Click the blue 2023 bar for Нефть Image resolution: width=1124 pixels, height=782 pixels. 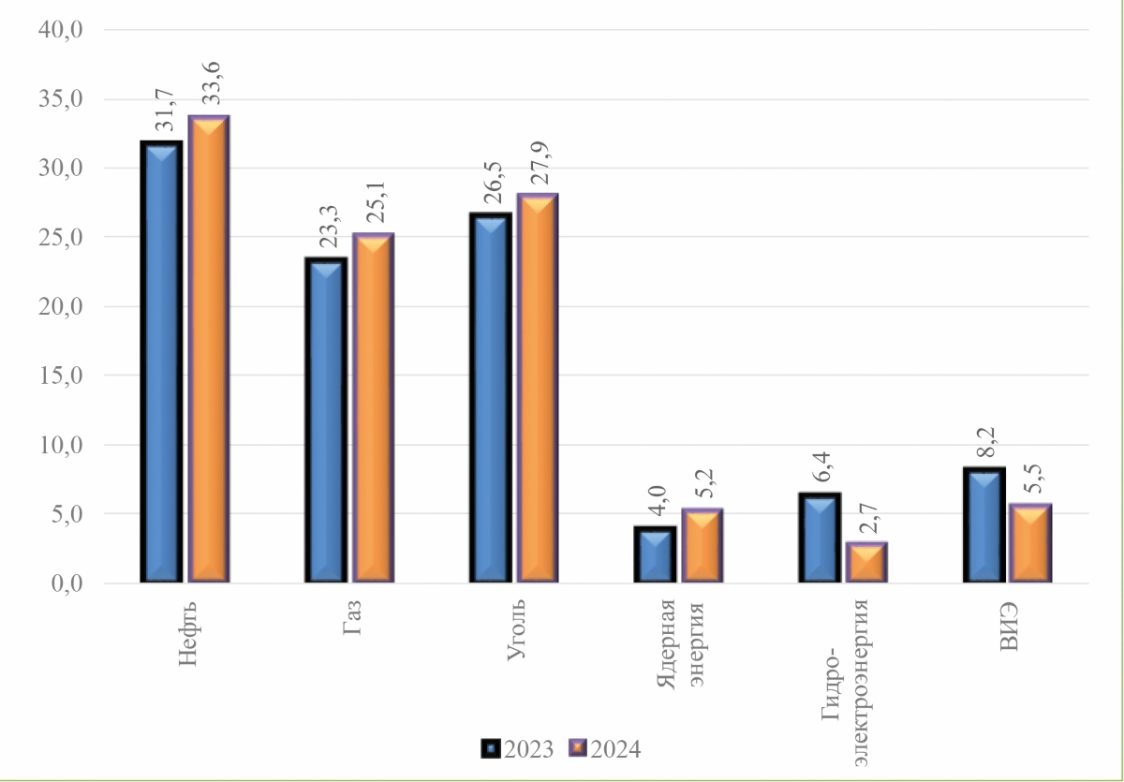pyautogui.click(x=162, y=361)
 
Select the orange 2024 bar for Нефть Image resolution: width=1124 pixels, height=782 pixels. pyautogui.click(x=209, y=349)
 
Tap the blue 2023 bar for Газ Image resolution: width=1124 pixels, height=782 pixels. pyautogui.click(x=326, y=420)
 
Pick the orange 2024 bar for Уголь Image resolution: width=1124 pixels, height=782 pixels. pyautogui.click(x=537, y=388)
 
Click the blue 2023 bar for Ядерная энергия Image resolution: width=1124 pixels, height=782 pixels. pyautogui.click(x=655, y=554)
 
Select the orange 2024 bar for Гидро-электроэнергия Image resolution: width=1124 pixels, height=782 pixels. pyautogui.click(x=866, y=562)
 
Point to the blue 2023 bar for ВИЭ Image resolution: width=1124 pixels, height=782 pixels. pyautogui.click(x=983, y=524)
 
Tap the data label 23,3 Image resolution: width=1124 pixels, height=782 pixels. pyautogui.click(x=326, y=228)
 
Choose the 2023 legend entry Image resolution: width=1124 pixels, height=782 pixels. pyautogui.click(x=518, y=749)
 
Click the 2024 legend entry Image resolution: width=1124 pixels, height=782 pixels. pyautogui.click(x=605, y=749)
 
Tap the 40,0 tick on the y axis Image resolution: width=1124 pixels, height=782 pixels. pyautogui.click(x=61, y=30)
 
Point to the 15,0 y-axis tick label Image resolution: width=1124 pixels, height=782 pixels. pyautogui.click(x=61, y=376)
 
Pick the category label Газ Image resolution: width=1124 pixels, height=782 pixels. pyautogui.click(x=353, y=617)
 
